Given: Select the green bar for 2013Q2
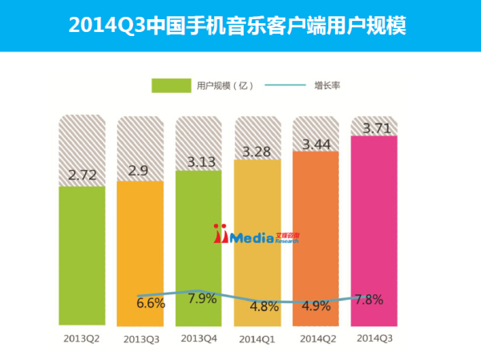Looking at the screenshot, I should coord(82,257).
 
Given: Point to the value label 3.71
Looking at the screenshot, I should coord(376,127).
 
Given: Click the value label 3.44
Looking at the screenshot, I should coord(317,145).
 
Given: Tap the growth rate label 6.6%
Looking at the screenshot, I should coord(150,303).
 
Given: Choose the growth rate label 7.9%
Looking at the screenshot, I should coord(200,300).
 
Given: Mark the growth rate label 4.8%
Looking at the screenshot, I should coord(264,305).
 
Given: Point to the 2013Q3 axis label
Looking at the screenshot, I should coord(140,340).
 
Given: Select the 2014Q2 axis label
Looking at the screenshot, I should coord(317,339).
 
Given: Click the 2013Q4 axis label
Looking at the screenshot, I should coord(199,338).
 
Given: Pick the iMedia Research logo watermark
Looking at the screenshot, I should coord(256,235).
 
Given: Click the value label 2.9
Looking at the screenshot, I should coord(140,170).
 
